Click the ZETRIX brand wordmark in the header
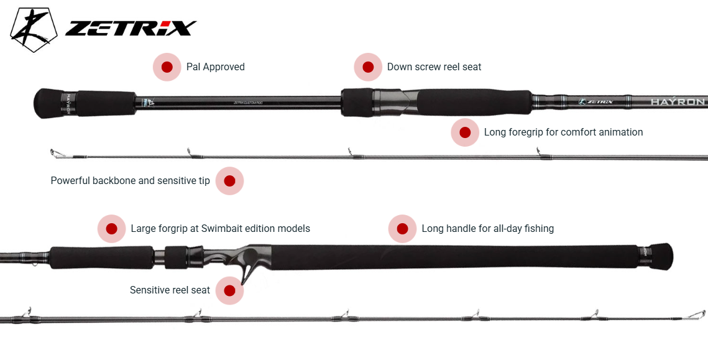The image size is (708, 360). point(131,29)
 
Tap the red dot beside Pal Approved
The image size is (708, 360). point(167,67)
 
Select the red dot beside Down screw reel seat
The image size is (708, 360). point(368,67)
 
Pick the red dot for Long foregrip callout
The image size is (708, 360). point(465,132)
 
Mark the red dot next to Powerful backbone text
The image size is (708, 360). point(229,181)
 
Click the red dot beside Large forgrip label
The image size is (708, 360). point(112,229)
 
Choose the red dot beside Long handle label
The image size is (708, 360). point(402,229)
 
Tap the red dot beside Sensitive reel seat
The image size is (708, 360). point(229,290)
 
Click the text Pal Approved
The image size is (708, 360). point(215,67)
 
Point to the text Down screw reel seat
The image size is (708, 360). point(434,67)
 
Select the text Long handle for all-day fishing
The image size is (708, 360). point(487,229)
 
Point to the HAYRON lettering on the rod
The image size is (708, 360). point(678,102)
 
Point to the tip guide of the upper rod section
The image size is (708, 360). point(55,152)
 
